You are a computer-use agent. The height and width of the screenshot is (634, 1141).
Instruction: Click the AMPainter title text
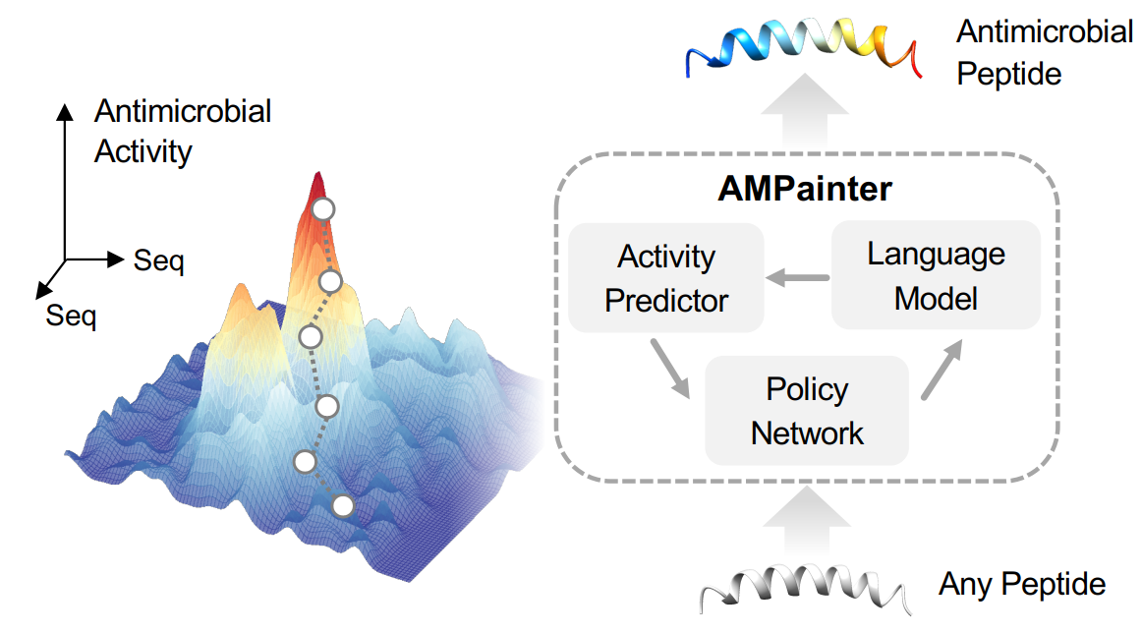coord(804,190)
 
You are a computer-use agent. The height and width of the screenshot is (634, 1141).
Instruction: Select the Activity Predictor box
coord(665,277)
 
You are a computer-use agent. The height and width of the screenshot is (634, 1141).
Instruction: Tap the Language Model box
coord(936,275)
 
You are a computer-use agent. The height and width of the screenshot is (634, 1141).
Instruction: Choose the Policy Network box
coord(807,411)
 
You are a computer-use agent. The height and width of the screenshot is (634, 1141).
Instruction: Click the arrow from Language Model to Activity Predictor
coord(798,277)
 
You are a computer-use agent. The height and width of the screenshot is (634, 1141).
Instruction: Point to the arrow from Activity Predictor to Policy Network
coord(670,369)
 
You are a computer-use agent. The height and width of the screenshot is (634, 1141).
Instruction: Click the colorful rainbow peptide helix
coord(803,45)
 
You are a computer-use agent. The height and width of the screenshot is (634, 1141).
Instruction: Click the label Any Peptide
coord(1022,584)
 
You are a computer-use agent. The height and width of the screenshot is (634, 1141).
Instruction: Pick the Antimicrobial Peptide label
coord(1045,52)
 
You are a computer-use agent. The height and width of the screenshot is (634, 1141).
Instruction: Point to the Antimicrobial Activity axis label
coord(182,131)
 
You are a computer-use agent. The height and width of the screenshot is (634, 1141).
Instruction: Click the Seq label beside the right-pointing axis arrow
coord(158,260)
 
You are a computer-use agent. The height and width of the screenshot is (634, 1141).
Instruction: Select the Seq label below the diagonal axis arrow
coord(71,316)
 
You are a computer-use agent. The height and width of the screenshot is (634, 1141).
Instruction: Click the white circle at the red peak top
coord(323,209)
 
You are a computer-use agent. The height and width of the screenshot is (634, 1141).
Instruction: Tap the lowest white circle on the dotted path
coord(343,505)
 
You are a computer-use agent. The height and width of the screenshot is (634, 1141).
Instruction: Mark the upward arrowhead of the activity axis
coord(65,111)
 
